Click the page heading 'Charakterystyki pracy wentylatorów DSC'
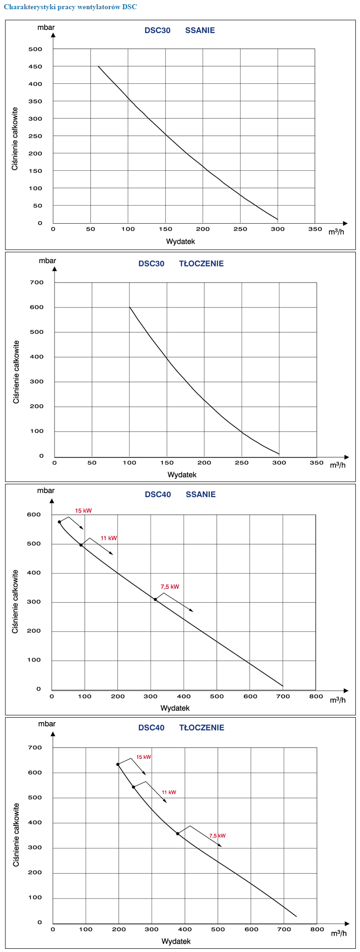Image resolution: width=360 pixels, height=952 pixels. pyautogui.click(x=70, y=7)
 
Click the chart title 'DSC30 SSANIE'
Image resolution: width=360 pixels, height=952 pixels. pyautogui.click(x=180, y=31)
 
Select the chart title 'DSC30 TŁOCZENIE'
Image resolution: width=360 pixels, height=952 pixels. pyautogui.click(x=181, y=264)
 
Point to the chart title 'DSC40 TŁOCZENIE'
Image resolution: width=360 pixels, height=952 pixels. pyautogui.click(x=181, y=728)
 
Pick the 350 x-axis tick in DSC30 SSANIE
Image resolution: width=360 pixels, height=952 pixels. pyautogui.click(x=315, y=229)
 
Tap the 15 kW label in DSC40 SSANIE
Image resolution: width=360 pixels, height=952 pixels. pyautogui.click(x=83, y=511)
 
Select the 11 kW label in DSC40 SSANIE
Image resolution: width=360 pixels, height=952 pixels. pyautogui.click(x=109, y=538)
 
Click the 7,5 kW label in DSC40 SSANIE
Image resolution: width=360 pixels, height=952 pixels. pyautogui.click(x=169, y=587)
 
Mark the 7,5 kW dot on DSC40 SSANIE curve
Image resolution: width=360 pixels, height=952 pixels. pyautogui.click(x=156, y=599)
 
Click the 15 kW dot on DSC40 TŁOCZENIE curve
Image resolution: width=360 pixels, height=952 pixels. pyautogui.click(x=118, y=764)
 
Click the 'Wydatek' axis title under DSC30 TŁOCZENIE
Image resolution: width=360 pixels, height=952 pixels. pyautogui.click(x=182, y=475)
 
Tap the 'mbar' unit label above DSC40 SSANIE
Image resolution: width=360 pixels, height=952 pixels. pyautogui.click(x=46, y=491)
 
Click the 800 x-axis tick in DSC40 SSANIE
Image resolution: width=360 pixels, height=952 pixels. pyautogui.click(x=316, y=697)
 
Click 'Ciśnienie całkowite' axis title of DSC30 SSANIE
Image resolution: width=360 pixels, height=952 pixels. pyautogui.click(x=15, y=139)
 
